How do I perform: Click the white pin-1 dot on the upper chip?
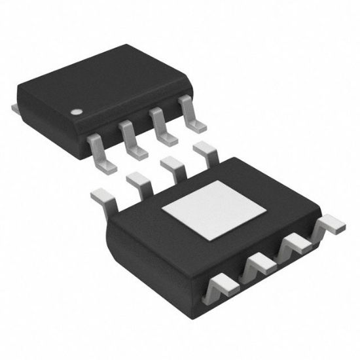coord(77,112)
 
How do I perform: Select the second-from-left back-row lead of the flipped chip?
coord(138,182)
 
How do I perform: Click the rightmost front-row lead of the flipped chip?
coord(331,227)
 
